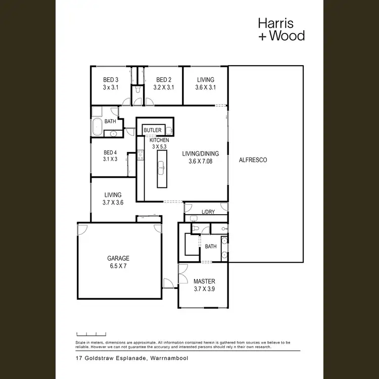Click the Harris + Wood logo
[x=281, y=29]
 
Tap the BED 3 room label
[x=111, y=80]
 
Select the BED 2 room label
[x=163, y=80]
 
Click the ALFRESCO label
[x=253, y=160]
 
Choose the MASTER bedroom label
[x=204, y=281]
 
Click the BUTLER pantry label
[x=153, y=130]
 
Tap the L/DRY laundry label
[x=208, y=212]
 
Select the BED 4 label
[x=110, y=153]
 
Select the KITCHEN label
[x=159, y=140]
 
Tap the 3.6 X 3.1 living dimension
[x=205, y=87]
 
